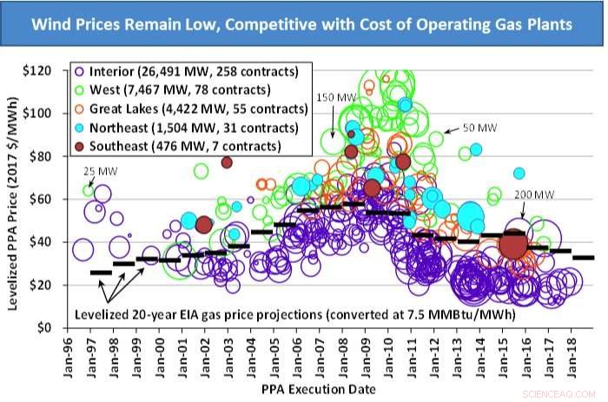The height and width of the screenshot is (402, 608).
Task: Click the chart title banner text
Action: point(303,25)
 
